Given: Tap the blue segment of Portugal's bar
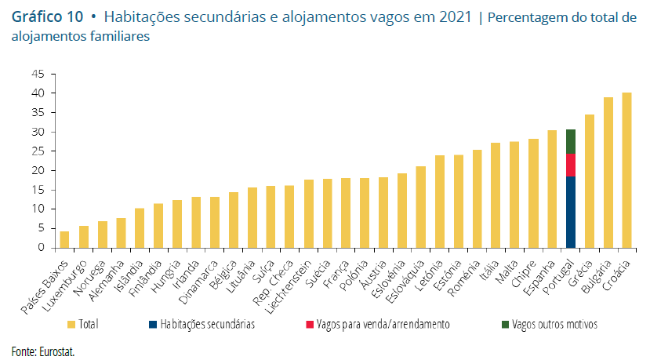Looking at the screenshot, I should tap(571, 212).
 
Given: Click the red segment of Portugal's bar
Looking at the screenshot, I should tap(571, 165).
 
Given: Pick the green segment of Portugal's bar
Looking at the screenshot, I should tap(571, 141).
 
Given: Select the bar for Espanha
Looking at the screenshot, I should tap(552, 189).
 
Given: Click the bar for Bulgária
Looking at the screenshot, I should tap(608, 173).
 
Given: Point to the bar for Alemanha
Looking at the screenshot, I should tap(121, 233).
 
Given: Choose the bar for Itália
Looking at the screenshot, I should tap(496, 195).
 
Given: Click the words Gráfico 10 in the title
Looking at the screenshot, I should tap(47, 16).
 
